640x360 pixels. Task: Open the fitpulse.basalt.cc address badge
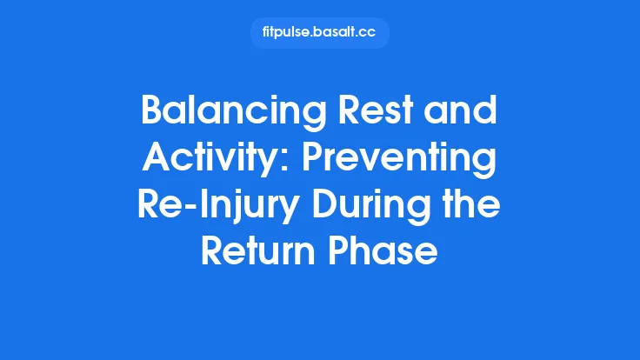pos(320,33)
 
